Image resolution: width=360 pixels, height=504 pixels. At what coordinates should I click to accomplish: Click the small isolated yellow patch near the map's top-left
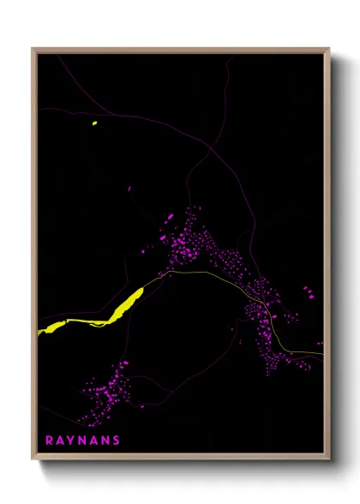pos(94,123)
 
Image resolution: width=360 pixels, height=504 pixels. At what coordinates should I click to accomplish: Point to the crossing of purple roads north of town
pos(211,151)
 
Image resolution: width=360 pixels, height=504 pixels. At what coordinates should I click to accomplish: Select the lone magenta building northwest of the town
pos(129,189)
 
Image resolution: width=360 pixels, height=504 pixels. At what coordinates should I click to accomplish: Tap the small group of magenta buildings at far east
pos(308,291)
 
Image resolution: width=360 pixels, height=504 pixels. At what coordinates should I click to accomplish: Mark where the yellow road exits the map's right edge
pos(323,353)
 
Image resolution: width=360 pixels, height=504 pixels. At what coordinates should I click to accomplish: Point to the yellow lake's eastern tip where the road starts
pos(141,290)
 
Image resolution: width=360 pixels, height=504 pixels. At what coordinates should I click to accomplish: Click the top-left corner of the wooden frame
pos(33,49)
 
